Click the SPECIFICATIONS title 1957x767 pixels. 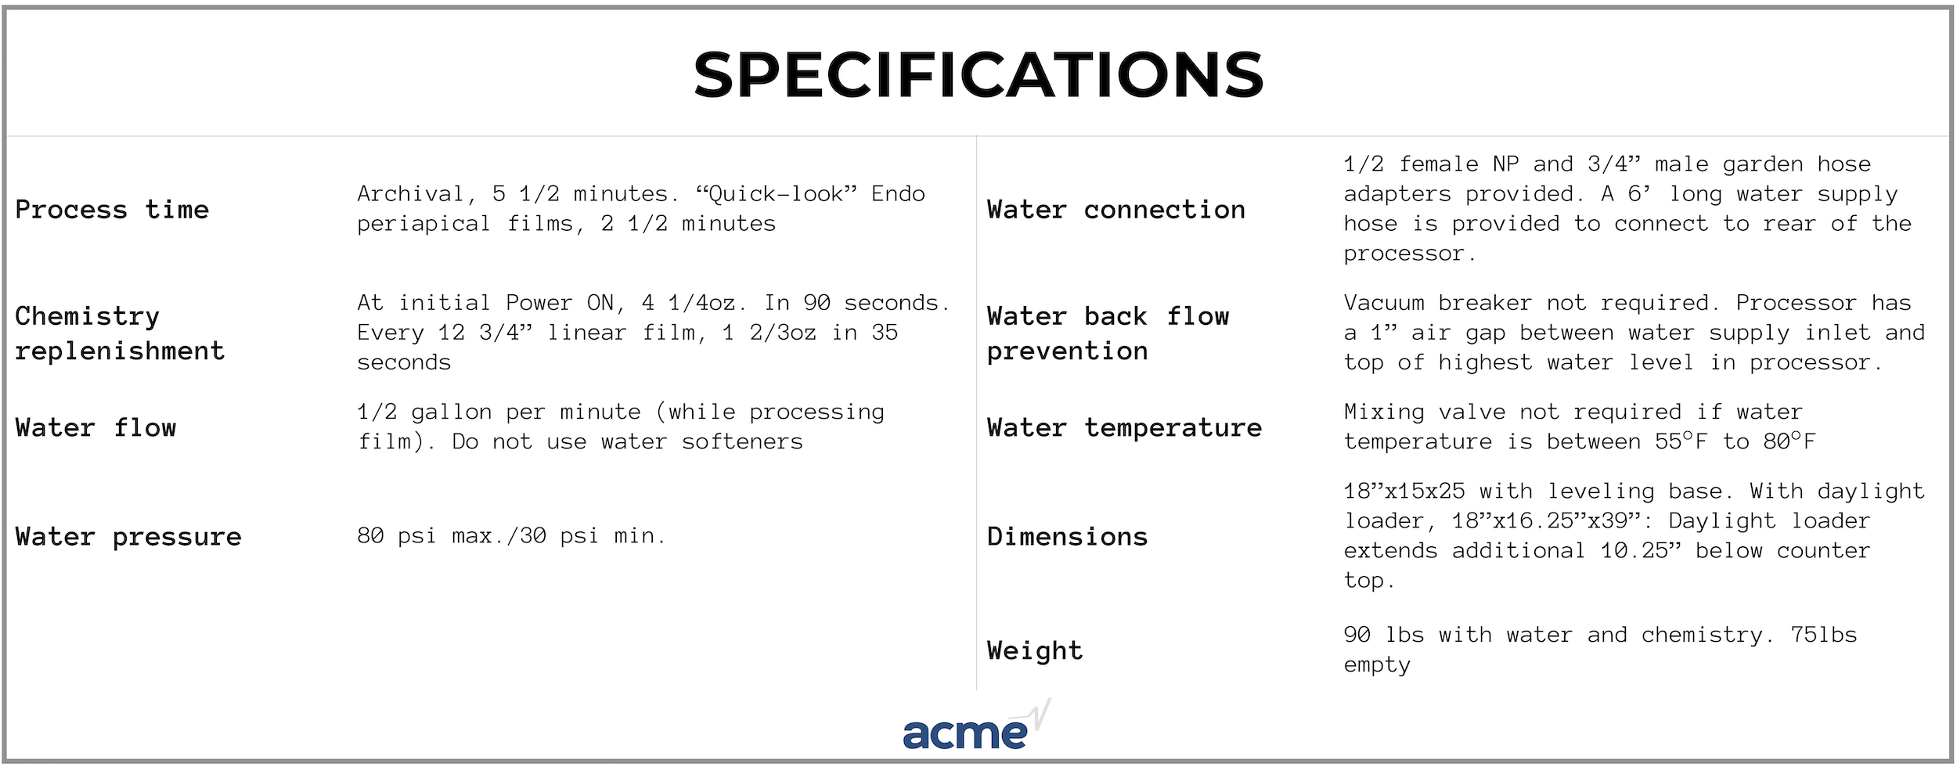point(979,74)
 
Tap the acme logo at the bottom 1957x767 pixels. point(976,726)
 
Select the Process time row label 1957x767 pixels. point(112,210)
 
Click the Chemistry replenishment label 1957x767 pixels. point(120,333)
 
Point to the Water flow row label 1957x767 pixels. point(96,427)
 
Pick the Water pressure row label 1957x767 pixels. point(128,537)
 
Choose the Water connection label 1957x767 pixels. point(1116,210)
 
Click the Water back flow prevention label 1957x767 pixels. point(1108,333)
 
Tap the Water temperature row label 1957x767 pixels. point(1125,427)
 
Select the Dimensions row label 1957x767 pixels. point(1068,537)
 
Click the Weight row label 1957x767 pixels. point(1035,650)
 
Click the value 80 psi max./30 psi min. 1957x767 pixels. point(511,536)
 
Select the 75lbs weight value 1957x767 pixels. point(1824,635)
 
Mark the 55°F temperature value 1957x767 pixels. point(1681,441)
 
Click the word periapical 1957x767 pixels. point(423,225)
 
